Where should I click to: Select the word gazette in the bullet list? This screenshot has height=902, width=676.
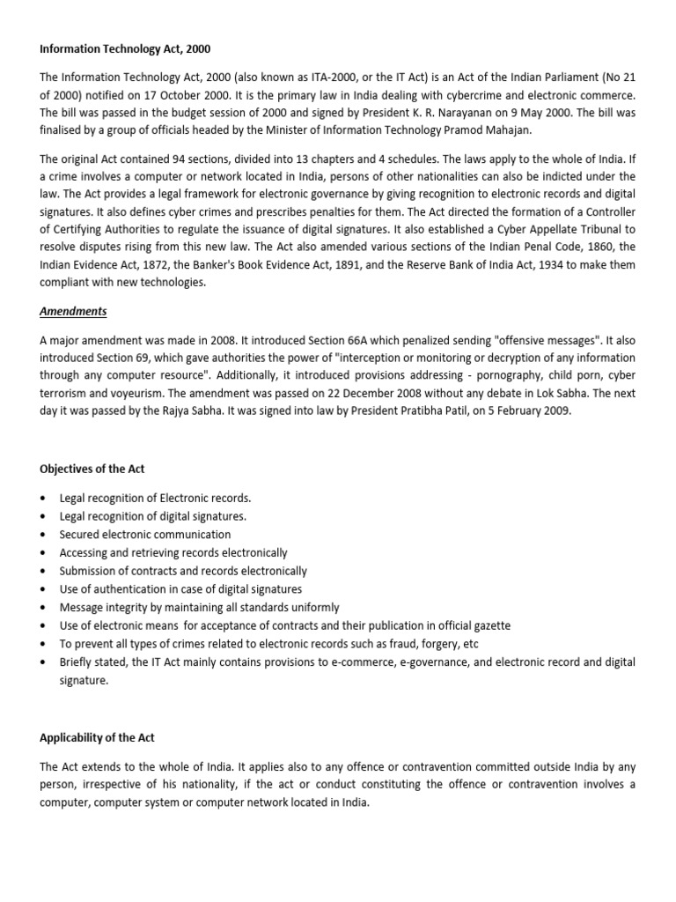[x=489, y=626]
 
